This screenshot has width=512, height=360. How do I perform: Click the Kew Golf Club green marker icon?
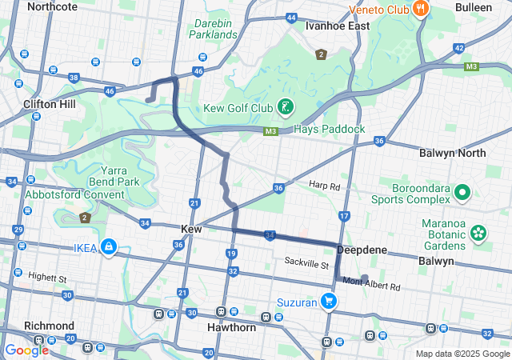[284, 107]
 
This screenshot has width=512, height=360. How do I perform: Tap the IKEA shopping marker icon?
[107, 247]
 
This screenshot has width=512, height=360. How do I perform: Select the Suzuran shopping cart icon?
[328, 301]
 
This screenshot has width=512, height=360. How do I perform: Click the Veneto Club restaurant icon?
[421, 9]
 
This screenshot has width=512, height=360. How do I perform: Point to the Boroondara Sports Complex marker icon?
[462, 193]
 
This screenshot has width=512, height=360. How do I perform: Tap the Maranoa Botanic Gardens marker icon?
[478, 234]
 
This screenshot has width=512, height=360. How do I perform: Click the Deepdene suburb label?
[362, 250]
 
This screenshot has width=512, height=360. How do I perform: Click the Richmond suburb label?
[49, 326]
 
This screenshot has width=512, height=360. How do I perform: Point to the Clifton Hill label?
[50, 104]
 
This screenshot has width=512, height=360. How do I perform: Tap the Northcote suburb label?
[52, 6]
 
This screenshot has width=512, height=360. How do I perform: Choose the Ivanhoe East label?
[338, 26]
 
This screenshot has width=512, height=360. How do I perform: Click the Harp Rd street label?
[325, 186]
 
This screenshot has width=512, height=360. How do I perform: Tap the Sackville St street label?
[307, 263]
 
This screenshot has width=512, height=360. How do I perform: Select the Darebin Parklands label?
[214, 28]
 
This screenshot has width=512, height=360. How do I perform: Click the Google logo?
[26, 350]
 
